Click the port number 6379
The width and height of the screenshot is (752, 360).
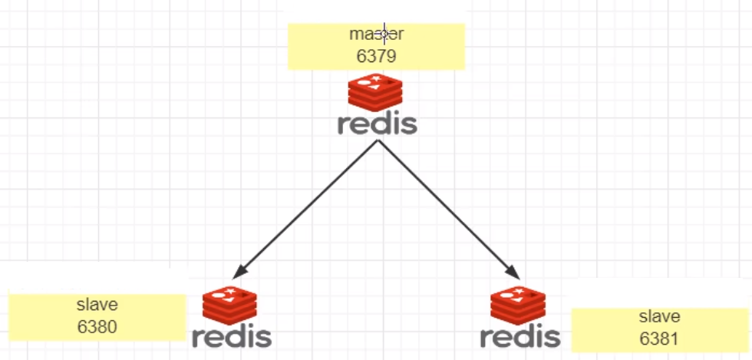tap(376, 55)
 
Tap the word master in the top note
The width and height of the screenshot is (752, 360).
tap(376, 35)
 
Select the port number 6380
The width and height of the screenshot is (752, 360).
tap(97, 326)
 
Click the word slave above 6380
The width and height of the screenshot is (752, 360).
tap(97, 306)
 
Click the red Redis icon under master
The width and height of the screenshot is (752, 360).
tap(375, 94)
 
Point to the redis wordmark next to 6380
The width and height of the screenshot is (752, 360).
tap(231, 336)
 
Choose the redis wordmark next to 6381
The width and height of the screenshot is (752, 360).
tap(519, 336)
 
